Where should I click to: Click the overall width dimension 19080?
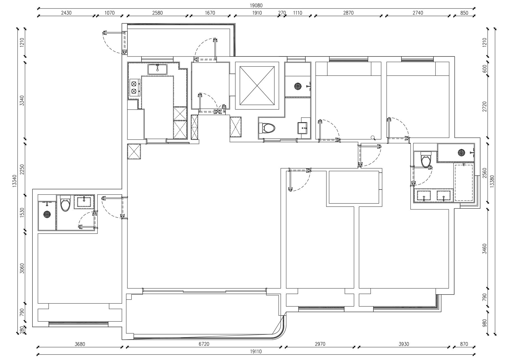coord(256,5)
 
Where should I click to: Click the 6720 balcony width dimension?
coord(204,344)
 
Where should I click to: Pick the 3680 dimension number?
coord(80,344)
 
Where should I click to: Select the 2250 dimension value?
coord(23,169)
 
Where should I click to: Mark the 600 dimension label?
coord(484,69)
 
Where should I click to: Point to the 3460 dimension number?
coord(484,249)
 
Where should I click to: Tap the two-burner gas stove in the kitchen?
coord(134,87)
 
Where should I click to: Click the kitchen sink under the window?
coord(157,69)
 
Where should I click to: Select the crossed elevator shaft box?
coord(257,86)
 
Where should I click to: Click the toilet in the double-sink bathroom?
coord(426,160)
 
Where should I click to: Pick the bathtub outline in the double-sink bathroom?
coord(464,183)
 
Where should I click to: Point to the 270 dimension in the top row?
coord(282,13)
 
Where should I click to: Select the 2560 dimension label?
coord(484,173)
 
